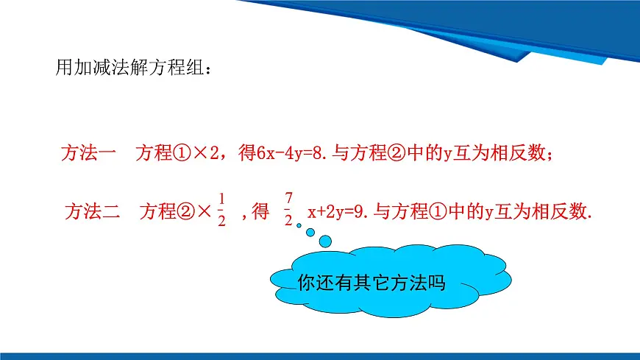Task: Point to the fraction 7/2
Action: pos(288,208)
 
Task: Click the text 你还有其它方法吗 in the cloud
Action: pos(372,283)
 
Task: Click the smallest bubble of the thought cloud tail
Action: pos(299,225)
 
